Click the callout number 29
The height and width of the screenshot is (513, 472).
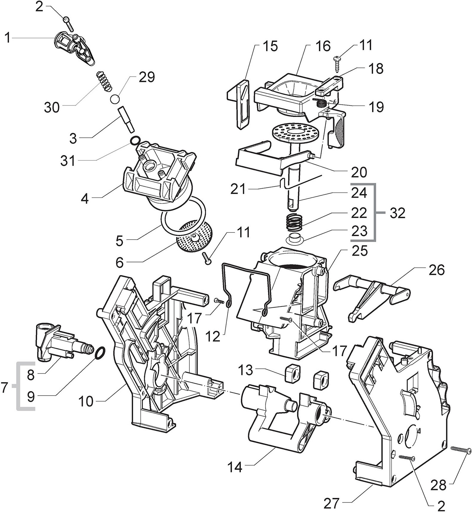point(147,77)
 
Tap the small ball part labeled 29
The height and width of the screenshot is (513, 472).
point(115,99)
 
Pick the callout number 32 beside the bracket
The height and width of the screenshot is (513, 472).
point(397,213)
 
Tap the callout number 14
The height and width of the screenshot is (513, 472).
point(235,475)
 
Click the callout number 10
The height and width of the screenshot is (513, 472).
point(86,401)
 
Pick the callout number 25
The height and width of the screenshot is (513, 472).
point(360,251)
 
